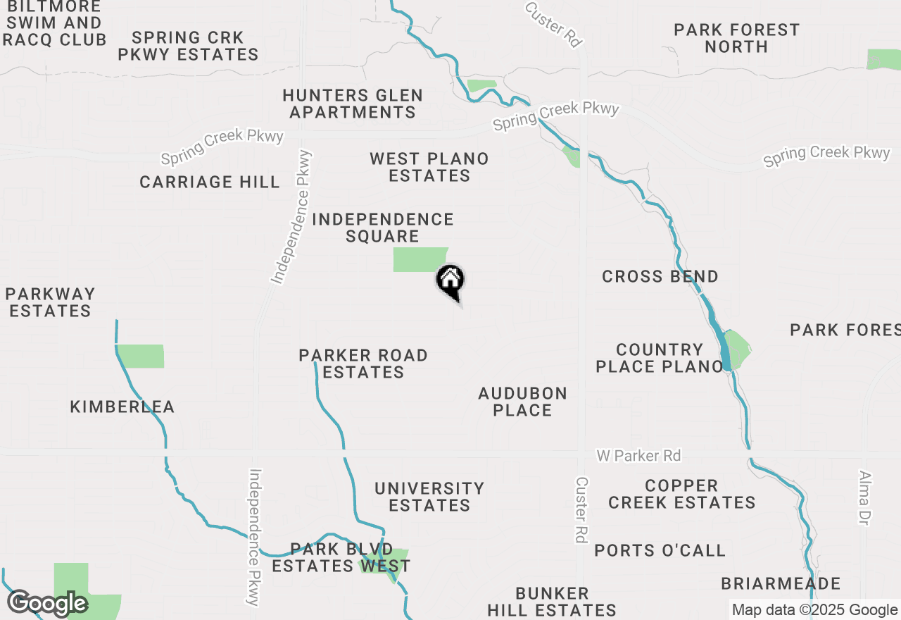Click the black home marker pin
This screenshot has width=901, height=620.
click(x=450, y=281)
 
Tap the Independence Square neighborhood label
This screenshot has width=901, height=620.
click(x=383, y=228)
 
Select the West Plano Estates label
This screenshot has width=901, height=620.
click(x=429, y=167)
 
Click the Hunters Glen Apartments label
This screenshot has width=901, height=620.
click(x=353, y=104)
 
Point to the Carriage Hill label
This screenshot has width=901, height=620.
click(x=210, y=182)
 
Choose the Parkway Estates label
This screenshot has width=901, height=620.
click(x=50, y=302)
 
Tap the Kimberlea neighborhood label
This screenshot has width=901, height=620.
click(x=122, y=407)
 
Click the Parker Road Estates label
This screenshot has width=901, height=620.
click(x=363, y=364)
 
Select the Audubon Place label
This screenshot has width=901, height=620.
click(x=522, y=402)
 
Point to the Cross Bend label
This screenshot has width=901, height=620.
click(x=660, y=276)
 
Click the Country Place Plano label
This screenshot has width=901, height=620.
click(x=660, y=358)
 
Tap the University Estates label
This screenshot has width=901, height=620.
click(x=429, y=497)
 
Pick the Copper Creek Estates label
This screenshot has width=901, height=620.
click(x=681, y=494)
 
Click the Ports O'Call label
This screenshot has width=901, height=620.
click(x=660, y=550)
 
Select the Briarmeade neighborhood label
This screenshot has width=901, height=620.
click(x=781, y=583)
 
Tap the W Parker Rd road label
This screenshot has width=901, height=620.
click(x=638, y=456)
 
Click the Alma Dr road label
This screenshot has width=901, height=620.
click(x=864, y=497)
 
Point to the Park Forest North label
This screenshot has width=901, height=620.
click(x=736, y=38)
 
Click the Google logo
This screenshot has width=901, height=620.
click(x=47, y=603)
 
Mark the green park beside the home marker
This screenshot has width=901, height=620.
click(x=419, y=259)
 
